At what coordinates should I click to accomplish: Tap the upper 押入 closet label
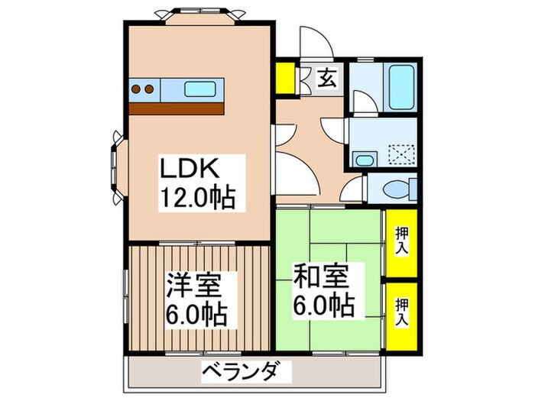[x=401, y=241]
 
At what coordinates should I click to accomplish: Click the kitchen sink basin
[x=203, y=89]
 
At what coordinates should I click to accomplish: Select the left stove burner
[x=138, y=89]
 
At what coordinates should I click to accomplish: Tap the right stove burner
[x=151, y=89]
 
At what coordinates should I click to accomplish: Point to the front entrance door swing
[x=314, y=44]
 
